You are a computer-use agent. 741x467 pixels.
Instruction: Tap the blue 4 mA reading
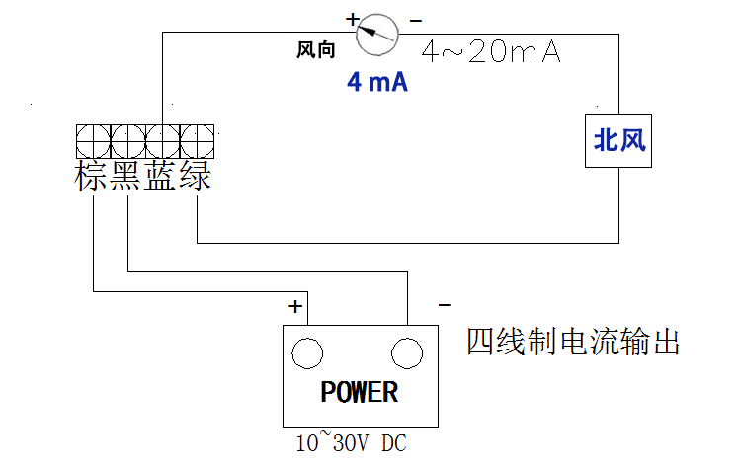click(376, 83)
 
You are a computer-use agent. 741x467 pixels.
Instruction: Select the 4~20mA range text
click(491, 52)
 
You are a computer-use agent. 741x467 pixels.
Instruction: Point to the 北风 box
click(618, 141)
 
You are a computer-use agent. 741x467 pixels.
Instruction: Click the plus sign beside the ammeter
click(352, 18)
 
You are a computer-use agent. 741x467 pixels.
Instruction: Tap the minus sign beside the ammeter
click(415, 19)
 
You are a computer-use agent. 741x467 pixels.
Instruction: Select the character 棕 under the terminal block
click(92, 177)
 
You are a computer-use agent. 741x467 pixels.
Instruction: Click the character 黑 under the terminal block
click(127, 177)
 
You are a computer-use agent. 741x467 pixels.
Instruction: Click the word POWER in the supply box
click(360, 392)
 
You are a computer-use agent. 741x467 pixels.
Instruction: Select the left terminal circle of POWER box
click(308, 352)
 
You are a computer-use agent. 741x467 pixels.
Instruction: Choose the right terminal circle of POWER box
click(407, 352)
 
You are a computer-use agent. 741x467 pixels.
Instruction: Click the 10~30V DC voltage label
click(351, 444)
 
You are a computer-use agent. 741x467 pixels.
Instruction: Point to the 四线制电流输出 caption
click(573, 343)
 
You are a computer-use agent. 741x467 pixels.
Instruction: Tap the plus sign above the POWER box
click(295, 306)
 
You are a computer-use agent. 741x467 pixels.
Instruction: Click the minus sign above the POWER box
click(444, 305)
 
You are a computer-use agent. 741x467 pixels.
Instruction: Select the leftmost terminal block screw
click(94, 139)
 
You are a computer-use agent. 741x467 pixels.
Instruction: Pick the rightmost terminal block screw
click(198, 139)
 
